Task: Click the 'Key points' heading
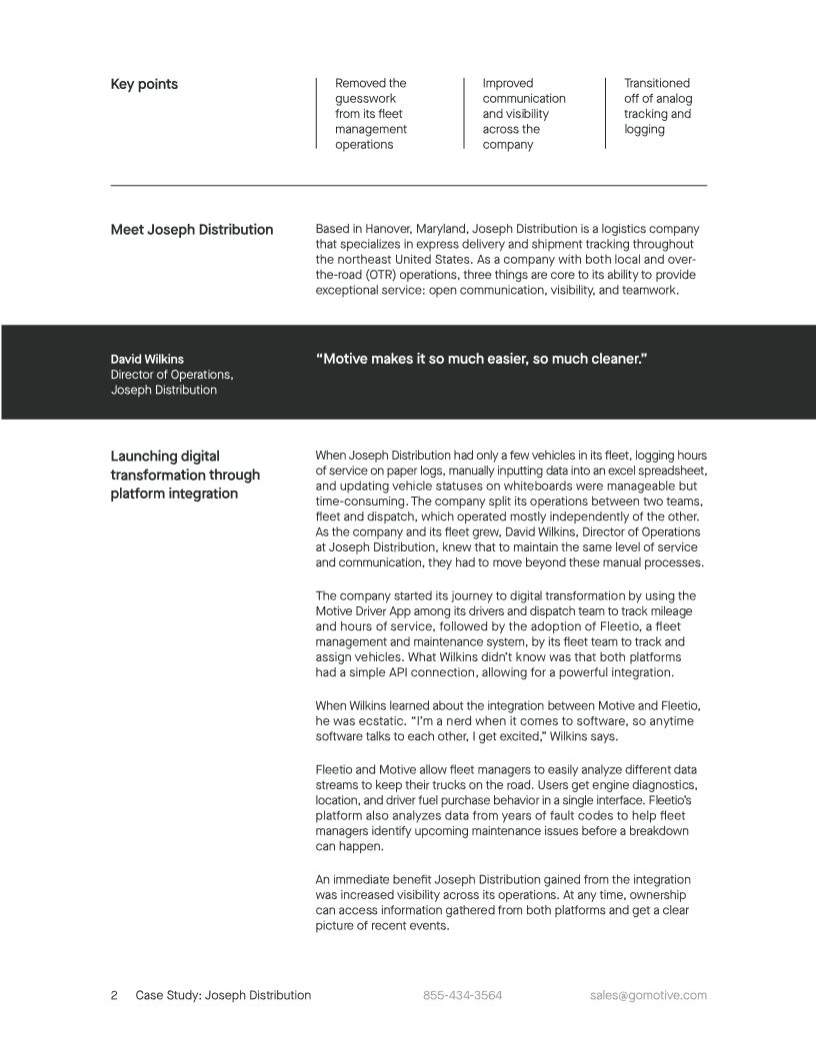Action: [x=144, y=85]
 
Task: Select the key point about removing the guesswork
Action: [x=370, y=114]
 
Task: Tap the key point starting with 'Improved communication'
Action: [x=523, y=114]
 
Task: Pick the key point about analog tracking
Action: [x=657, y=106]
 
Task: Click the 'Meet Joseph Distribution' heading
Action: [x=191, y=230]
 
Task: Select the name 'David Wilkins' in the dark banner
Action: [x=147, y=359]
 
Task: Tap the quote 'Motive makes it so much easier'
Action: [x=481, y=358]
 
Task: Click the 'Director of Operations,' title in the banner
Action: [x=171, y=375]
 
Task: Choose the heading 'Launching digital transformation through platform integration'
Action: [x=185, y=475]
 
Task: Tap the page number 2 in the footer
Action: [x=114, y=996]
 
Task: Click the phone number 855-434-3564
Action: [x=462, y=996]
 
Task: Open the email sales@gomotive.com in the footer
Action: [x=648, y=996]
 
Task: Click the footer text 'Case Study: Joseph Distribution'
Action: [x=223, y=996]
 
